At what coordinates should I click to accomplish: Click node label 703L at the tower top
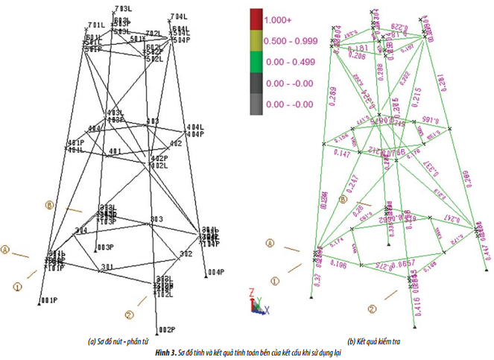pyautogui.click(x=124, y=9)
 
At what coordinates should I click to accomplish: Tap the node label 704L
pyautogui.click(x=178, y=16)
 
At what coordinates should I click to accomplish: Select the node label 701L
pyautogui.click(x=96, y=25)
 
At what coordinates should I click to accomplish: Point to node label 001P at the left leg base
pyautogui.click(x=49, y=300)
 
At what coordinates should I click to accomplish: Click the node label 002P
pyautogui.click(x=165, y=329)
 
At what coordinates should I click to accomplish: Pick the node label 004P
pyautogui.click(x=216, y=272)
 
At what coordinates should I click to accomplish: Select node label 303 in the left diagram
pyautogui.click(x=156, y=219)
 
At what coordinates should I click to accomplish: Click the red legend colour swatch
pyautogui.click(x=256, y=19)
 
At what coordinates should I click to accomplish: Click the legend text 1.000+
pyautogui.click(x=279, y=19)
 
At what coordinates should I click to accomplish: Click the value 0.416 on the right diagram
pyautogui.click(x=413, y=301)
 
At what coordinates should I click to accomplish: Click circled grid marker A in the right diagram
pyautogui.click(x=271, y=242)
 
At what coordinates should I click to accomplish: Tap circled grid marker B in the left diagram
pyautogui.click(x=50, y=203)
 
